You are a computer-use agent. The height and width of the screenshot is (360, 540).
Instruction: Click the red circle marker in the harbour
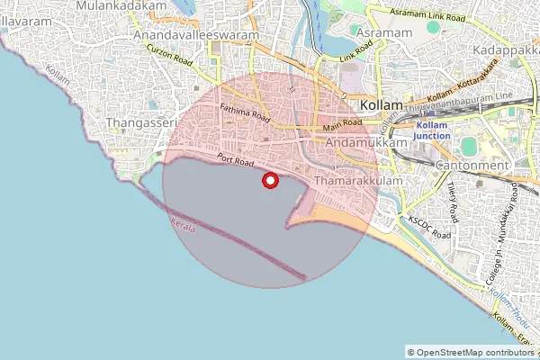pyautogui.click(x=268, y=181)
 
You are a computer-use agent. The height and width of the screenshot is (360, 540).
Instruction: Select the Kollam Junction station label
pyautogui.click(x=431, y=130)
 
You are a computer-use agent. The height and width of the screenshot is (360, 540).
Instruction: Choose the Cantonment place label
pyautogui.click(x=471, y=166)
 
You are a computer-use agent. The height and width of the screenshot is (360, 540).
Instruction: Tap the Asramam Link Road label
pyautogui.click(x=427, y=15)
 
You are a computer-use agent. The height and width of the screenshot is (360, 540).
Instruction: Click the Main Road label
pyautogui.click(x=342, y=127)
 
